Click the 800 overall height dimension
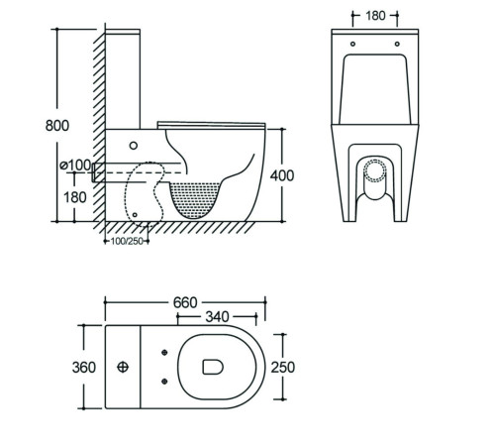pos(57,126)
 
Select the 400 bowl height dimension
pos(282,175)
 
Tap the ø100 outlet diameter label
pos(75,165)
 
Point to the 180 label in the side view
pos(75,197)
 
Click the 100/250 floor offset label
pos(127,241)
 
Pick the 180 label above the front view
pos(375,16)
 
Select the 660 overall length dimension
pos(185,302)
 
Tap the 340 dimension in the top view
pos(217,317)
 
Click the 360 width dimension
pos(84,368)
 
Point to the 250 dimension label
pos(283,368)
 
